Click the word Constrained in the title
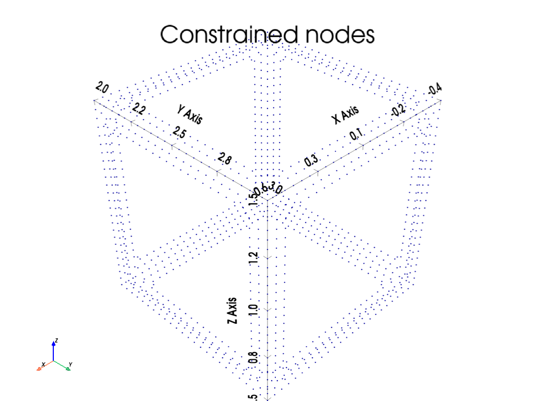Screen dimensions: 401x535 click(229, 35)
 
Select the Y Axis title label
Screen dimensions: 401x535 click(190, 115)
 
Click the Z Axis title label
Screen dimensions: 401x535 click(232, 311)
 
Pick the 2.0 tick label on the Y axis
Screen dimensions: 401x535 click(101, 88)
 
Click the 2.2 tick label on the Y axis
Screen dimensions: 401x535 click(139, 109)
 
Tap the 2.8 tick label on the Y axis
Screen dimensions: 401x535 click(224, 159)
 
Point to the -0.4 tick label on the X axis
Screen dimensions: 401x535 click(435, 89)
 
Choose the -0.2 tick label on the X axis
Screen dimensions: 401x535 click(398, 110)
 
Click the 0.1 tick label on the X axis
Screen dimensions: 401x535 click(357, 135)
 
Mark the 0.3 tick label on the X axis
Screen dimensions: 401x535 click(311, 160)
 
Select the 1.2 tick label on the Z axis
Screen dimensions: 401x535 click(254, 257)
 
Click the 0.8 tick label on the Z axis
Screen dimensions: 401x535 click(254, 358)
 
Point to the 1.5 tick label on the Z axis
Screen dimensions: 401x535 click(253, 198)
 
